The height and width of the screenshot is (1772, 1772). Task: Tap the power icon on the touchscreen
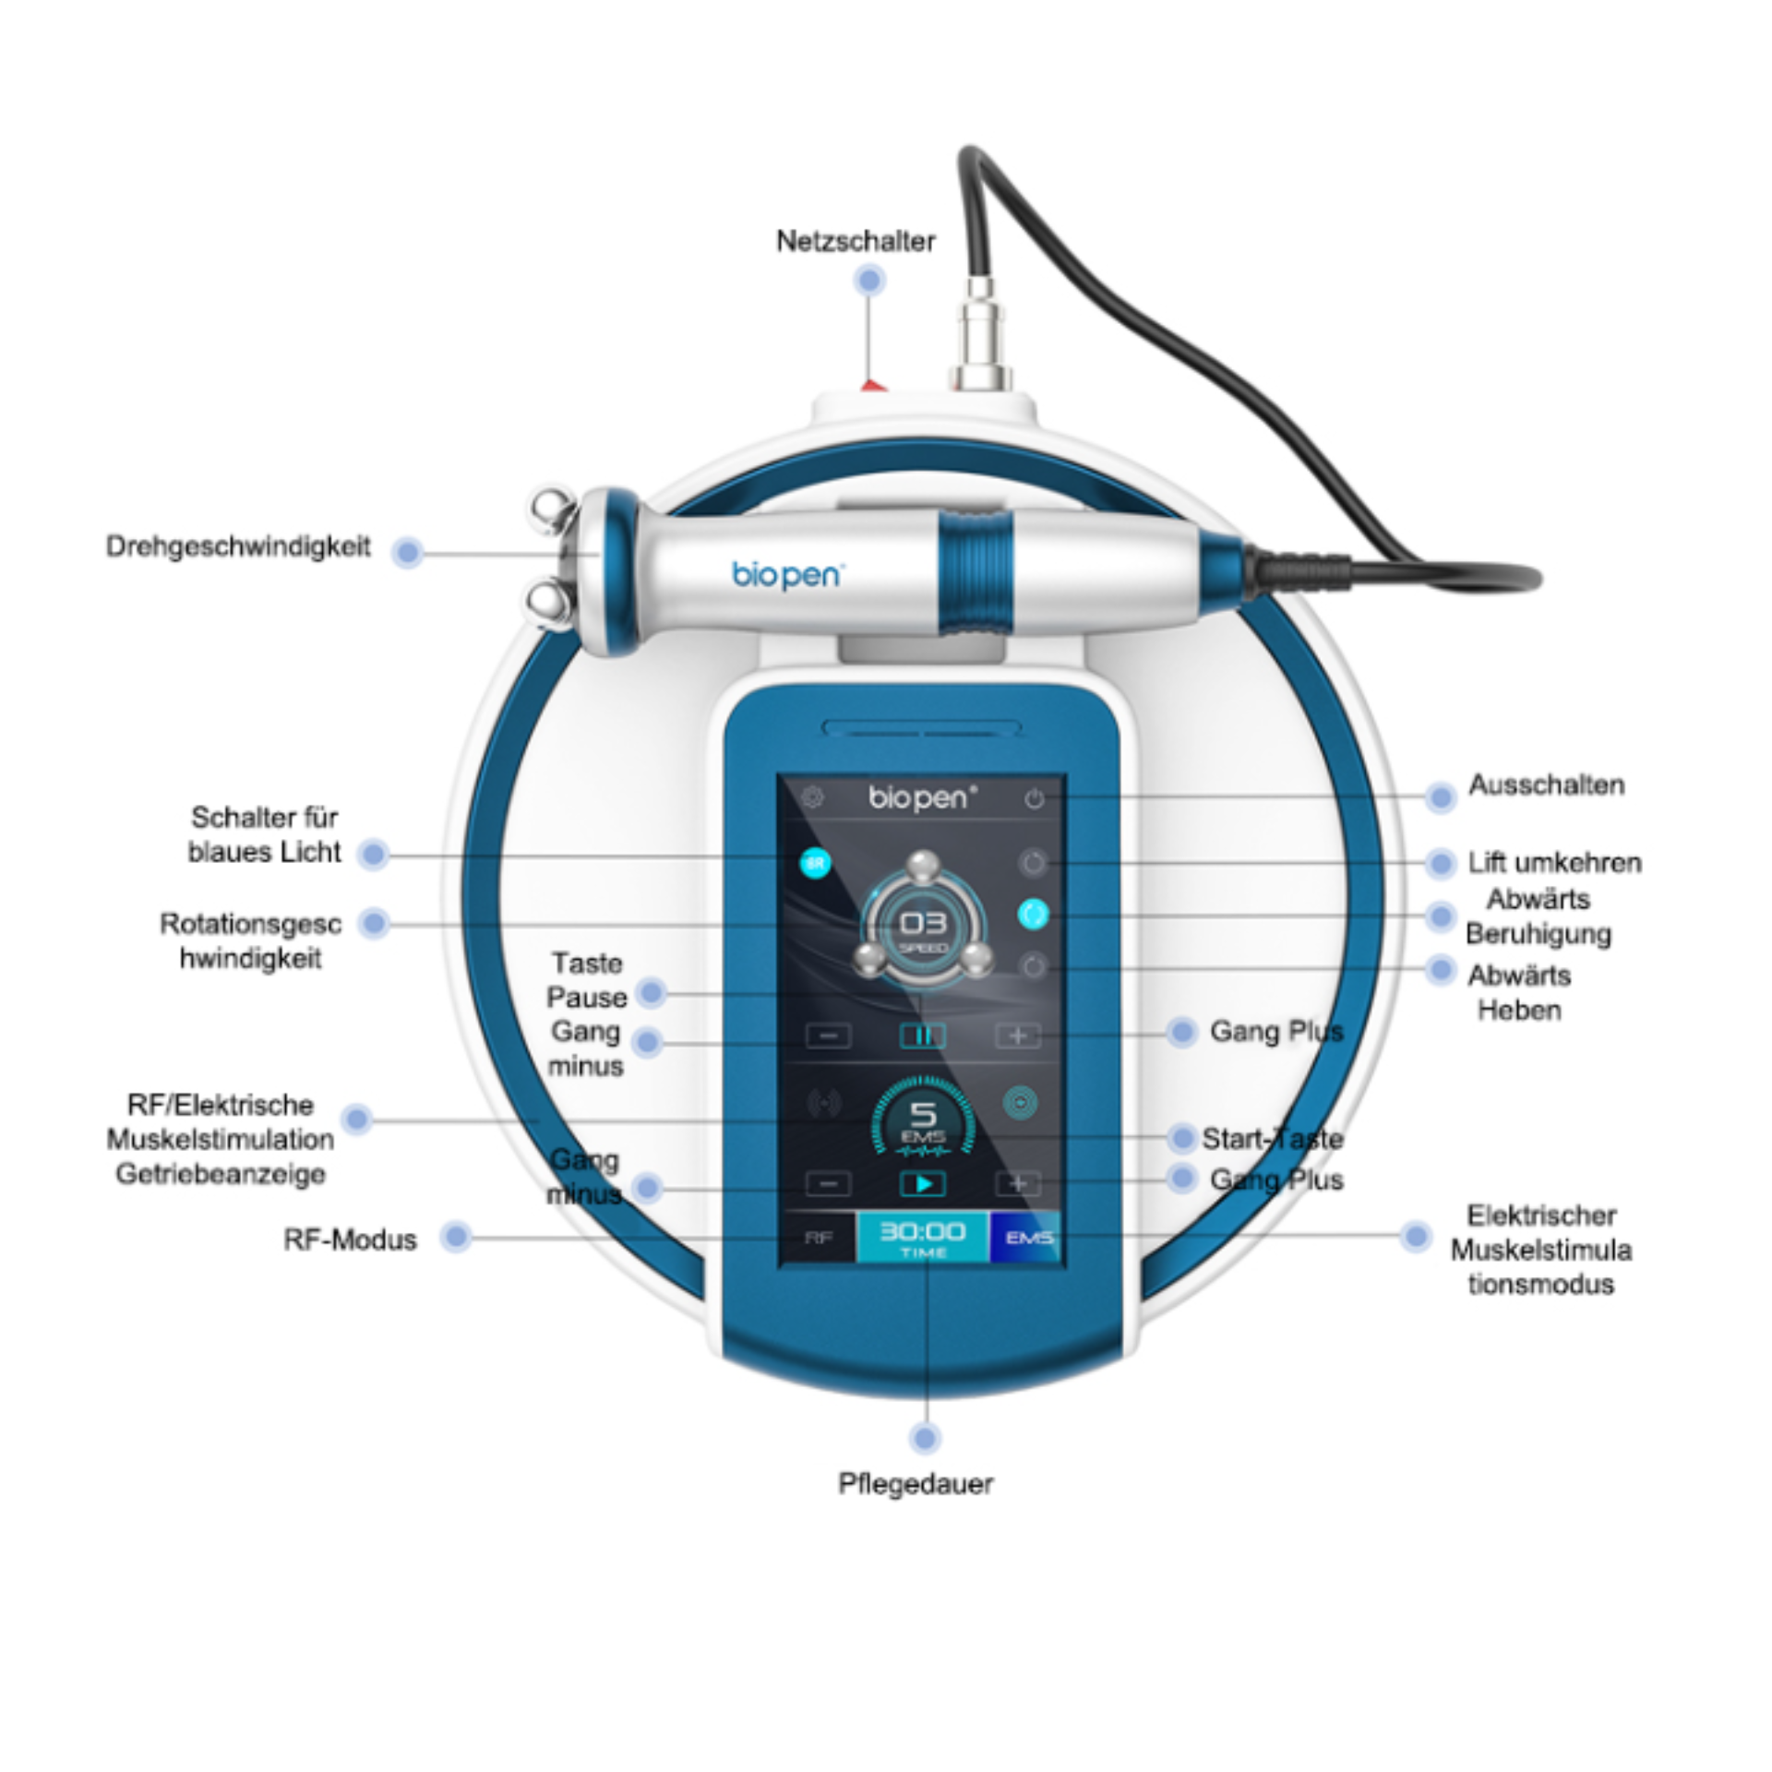pos(1034,799)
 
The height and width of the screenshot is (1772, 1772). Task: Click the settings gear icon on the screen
pos(812,797)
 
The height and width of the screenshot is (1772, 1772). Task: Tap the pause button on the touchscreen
pos(922,1036)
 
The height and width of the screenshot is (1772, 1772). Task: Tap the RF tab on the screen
pos(818,1238)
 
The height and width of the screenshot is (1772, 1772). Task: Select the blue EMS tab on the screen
pos(1026,1238)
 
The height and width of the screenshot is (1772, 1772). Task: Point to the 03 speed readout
pos(923,926)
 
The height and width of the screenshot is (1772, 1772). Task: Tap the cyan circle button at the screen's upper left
pos(815,864)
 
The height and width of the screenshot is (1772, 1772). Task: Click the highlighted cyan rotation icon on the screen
pos(1033,914)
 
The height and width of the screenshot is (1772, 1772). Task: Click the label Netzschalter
pos(856,242)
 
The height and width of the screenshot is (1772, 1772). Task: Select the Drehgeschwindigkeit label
pos(238,546)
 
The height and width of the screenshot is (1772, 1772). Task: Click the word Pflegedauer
pos(916,1483)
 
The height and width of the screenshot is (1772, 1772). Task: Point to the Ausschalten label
pos(1546,785)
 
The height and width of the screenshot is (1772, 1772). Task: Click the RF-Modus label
pos(350,1239)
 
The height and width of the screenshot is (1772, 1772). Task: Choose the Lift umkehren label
pos(1554,863)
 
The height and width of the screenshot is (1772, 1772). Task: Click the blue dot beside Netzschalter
pos(869,280)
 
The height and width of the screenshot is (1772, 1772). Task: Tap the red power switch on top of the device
pos(873,385)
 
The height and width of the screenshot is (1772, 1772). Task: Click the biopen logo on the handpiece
pos(786,575)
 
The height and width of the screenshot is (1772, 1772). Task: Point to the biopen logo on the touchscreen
pos(922,797)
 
